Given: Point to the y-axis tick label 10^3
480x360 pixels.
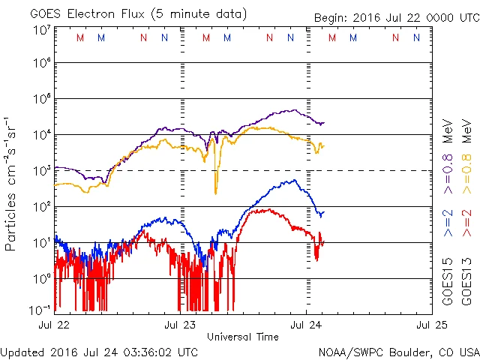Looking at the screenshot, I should (x=41, y=171).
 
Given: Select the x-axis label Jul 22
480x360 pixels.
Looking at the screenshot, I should (x=54, y=325).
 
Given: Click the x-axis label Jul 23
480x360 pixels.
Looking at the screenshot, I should (x=180, y=325).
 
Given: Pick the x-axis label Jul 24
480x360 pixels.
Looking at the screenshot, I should (x=306, y=325).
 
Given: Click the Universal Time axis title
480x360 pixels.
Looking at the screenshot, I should (x=243, y=337).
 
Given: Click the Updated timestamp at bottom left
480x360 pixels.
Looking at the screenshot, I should (x=100, y=351).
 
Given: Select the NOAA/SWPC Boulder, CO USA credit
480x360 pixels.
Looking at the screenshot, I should (x=398, y=351).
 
